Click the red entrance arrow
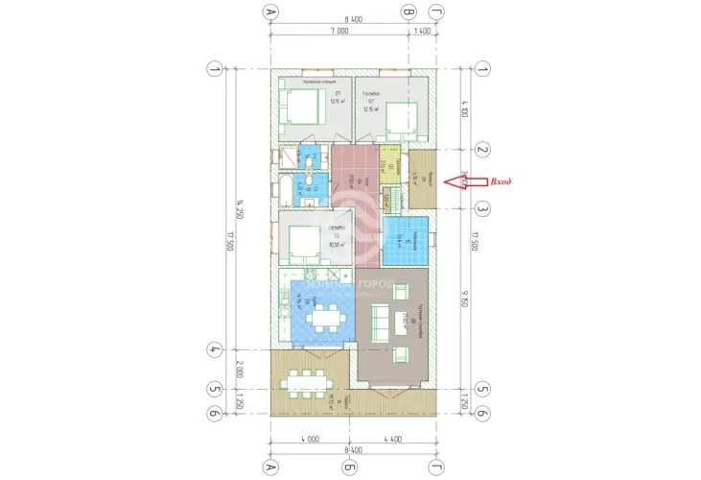tap(466, 181)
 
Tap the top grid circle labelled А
tap(270, 12)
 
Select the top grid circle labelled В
tap(409, 12)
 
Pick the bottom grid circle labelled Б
tap(351, 467)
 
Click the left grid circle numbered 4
tap(214, 348)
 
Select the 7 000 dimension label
tap(339, 32)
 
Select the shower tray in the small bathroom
tap(289, 156)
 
